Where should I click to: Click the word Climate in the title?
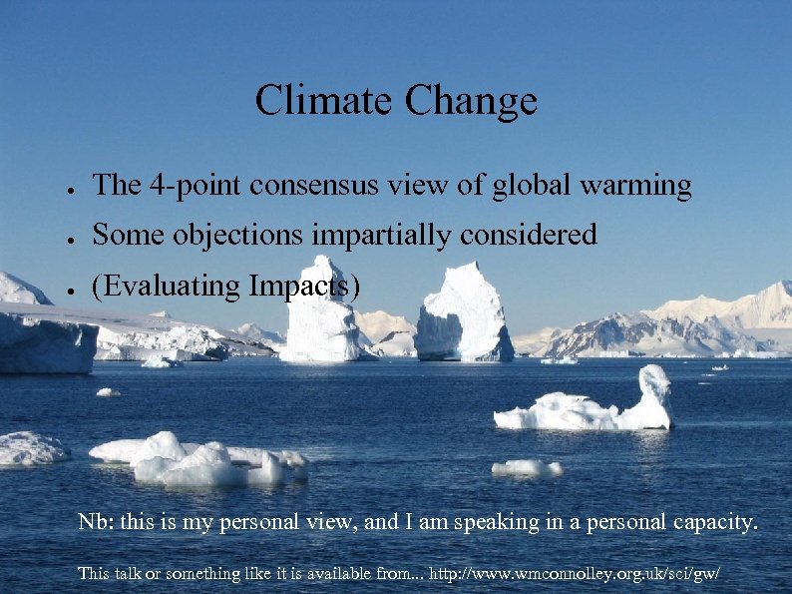click(x=324, y=101)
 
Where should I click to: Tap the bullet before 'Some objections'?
click(x=62, y=238)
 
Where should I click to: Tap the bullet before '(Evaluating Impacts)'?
click(x=62, y=289)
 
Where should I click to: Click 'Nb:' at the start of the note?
click(x=97, y=522)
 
